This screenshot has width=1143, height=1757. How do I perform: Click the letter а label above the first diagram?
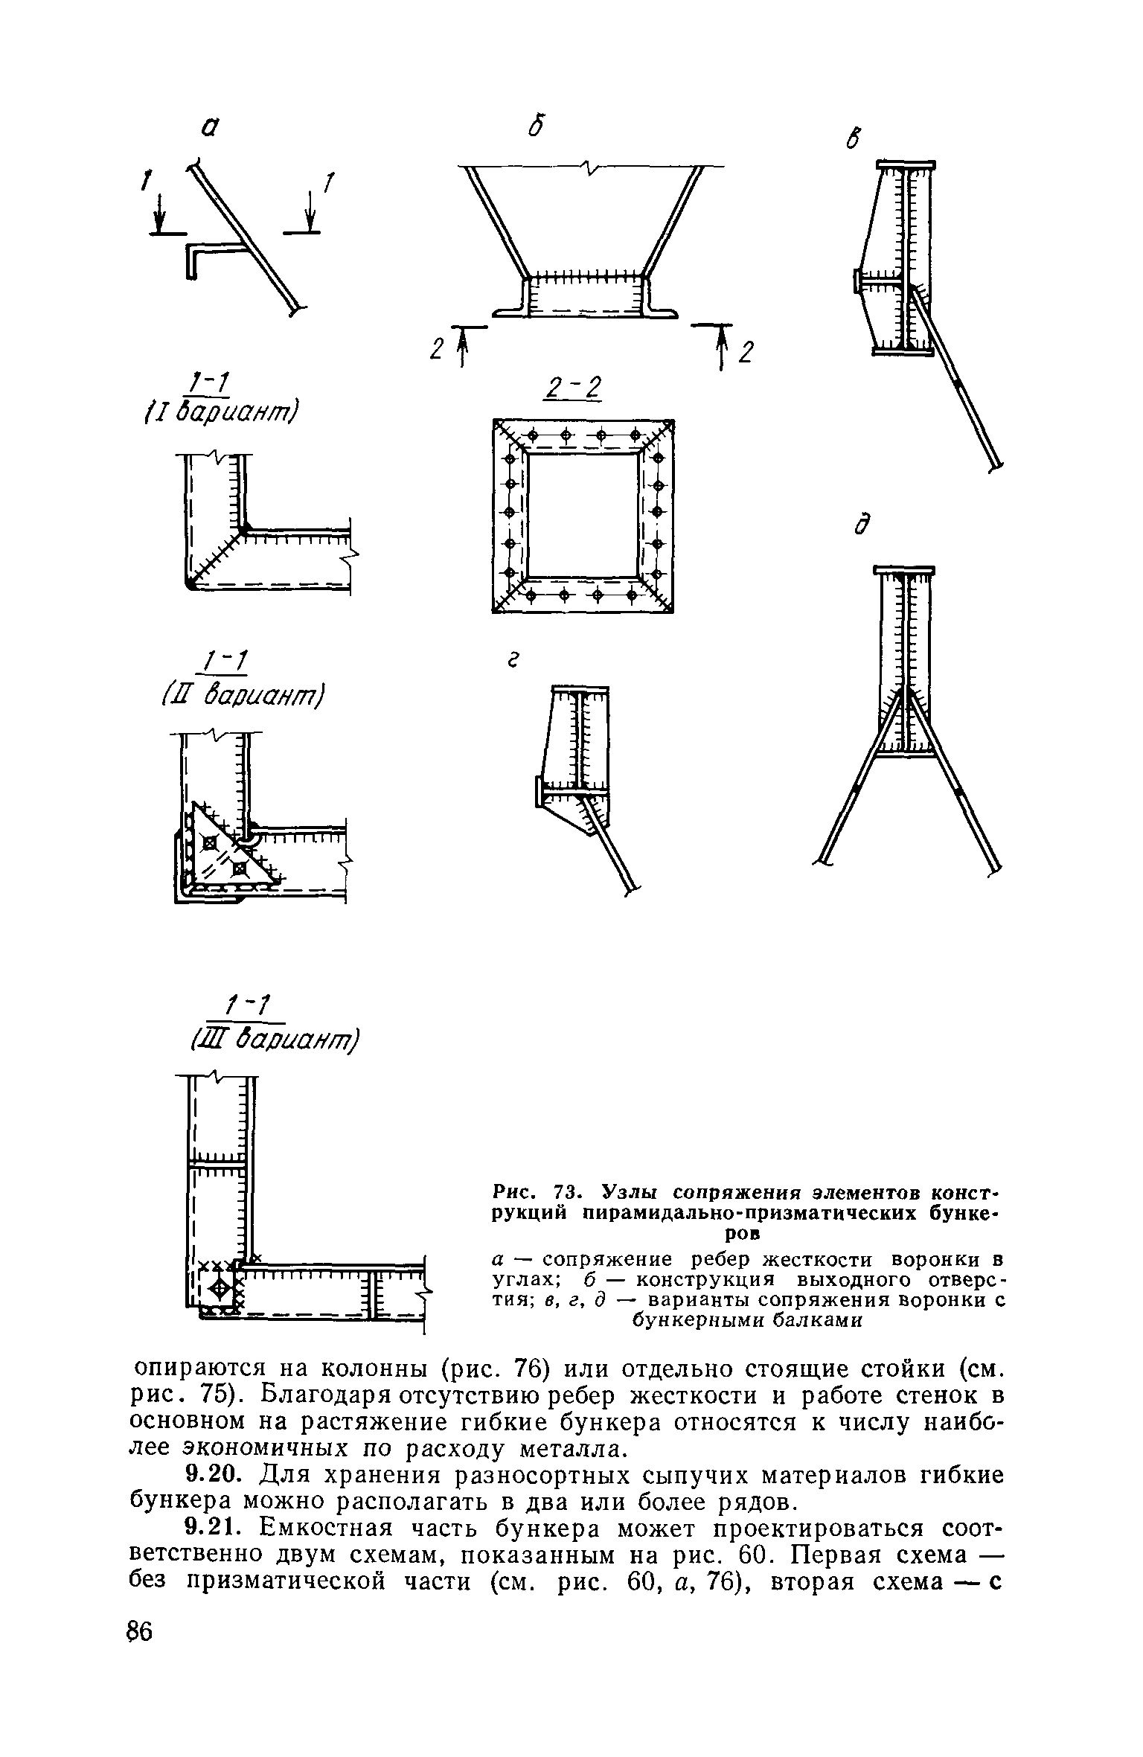211,129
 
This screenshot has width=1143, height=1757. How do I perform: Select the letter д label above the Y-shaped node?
862,525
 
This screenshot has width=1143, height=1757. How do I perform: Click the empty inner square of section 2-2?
583,515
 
